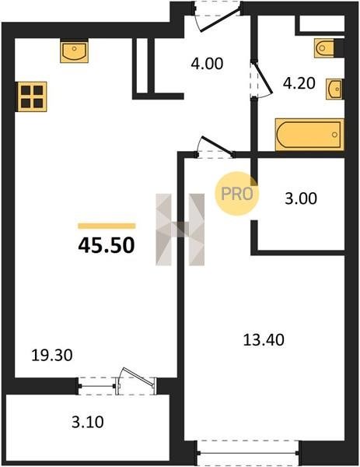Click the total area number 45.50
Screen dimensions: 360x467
(107, 245)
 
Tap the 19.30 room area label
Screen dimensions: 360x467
(52, 356)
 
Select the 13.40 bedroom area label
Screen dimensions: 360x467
(264, 340)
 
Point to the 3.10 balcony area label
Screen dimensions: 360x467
(88, 422)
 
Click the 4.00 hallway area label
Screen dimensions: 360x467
(207, 64)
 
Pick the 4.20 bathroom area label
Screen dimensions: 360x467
(299, 83)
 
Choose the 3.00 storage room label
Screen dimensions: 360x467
(301, 198)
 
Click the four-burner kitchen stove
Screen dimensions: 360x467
(32, 97)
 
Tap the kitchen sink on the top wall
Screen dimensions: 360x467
(75, 51)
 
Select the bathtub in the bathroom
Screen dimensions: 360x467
(309, 135)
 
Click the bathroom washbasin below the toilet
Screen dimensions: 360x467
(334, 89)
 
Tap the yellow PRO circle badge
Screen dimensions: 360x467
(237, 194)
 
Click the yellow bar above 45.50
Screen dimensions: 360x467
(107, 226)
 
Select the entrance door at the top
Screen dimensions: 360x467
(220, 19)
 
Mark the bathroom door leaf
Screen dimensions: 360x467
(263, 77)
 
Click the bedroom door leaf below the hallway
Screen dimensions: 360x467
(217, 145)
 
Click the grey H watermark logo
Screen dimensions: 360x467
(180, 230)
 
